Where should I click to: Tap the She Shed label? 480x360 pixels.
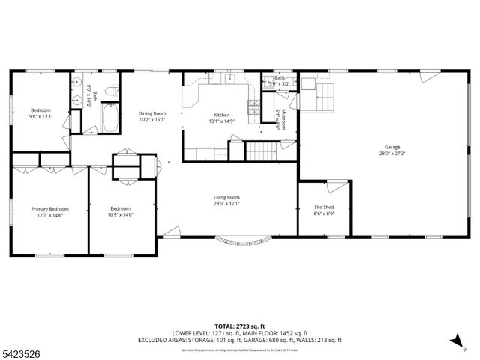(323, 208)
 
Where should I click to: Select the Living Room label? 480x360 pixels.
(226, 196)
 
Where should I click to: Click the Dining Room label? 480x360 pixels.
(152, 112)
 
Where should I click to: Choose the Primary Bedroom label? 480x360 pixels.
(49, 209)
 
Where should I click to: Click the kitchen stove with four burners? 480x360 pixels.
(253, 108)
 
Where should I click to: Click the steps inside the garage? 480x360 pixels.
(325, 96)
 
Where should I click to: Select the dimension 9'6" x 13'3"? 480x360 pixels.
(40, 116)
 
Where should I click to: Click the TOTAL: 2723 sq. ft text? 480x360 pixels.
(240, 326)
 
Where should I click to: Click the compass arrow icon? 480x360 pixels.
(453, 340)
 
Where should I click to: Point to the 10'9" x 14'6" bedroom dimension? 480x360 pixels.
(121, 215)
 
